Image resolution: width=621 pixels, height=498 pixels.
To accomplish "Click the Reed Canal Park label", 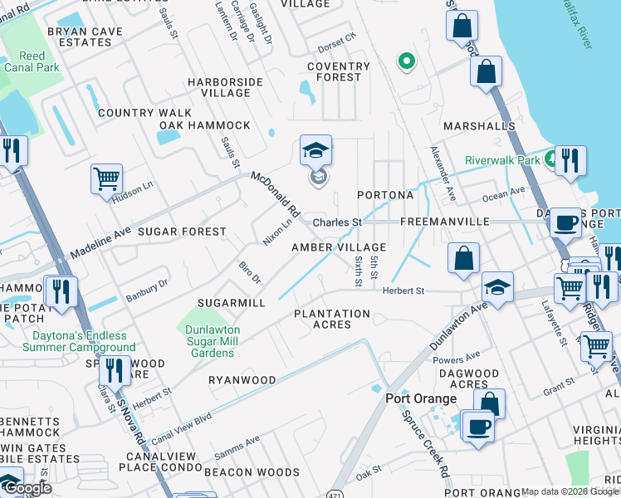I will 32,61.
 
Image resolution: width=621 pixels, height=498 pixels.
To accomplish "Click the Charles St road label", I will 337,222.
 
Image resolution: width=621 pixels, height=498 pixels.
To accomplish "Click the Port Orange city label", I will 421,398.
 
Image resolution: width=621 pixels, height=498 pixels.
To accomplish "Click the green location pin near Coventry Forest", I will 406,61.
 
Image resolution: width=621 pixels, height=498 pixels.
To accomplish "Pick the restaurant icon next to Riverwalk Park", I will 570,160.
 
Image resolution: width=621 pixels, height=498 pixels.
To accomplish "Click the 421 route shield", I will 332,491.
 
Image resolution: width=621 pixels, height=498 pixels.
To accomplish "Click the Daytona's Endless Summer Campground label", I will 72,341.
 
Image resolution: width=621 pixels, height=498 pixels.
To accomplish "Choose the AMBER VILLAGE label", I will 339,247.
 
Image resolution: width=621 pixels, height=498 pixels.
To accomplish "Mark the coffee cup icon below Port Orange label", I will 478,427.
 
